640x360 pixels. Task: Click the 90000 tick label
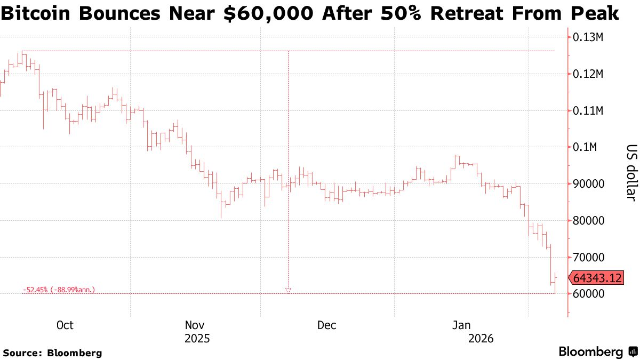[x=588, y=184]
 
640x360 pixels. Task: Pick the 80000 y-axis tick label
[x=588, y=221]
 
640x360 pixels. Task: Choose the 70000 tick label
[x=588, y=258]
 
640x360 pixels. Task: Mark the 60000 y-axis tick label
[x=588, y=294]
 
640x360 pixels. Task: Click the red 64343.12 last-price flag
[x=597, y=278]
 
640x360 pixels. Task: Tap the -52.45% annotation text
[x=59, y=290]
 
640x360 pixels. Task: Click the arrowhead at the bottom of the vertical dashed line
[x=288, y=290]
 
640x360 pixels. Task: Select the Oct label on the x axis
[x=65, y=325]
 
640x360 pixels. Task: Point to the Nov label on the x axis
[x=195, y=325]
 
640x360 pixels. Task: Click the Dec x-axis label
[x=326, y=325]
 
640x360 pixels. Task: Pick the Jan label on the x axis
[x=461, y=325]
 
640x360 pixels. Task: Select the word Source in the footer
[x=22, y=353]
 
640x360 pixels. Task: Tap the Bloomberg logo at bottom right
[x=597, y=352]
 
